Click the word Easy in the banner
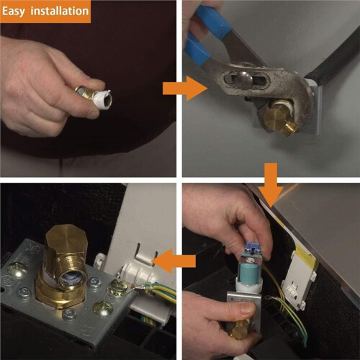(13, 12)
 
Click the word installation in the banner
(60, 11)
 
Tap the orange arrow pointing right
(185, 89)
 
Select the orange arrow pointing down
(271, 185)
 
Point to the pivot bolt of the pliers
(244, 79)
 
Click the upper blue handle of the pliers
(211, 20)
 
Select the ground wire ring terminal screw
(119, 287)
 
